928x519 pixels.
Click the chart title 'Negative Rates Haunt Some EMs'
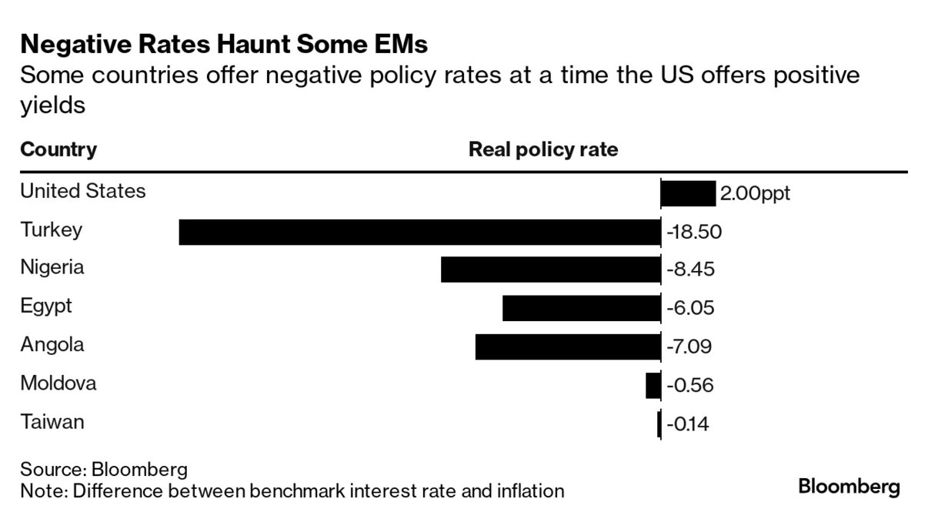point(223,45)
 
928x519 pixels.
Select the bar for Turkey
point(419,232)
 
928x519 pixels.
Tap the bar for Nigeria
point(550,270)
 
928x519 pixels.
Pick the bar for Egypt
point(581,308)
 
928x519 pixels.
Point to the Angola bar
point(568,347)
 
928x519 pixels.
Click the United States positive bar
point(688,193)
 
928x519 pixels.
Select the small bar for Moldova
point(653,385)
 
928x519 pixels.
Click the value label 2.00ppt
point(755,193)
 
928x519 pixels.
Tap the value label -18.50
point(693,232)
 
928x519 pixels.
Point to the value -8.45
point(690,270)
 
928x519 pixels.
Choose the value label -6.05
point(690,308)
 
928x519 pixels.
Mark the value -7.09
point(689,347)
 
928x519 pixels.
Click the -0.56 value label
point(689,385)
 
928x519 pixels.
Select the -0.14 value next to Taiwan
point(687,424)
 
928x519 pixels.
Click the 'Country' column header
point(58,149)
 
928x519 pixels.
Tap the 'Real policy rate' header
point(543,149)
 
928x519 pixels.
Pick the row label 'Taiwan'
point(52,422)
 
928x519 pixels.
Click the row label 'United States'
point(83,191)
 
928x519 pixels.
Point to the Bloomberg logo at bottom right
point(849,487)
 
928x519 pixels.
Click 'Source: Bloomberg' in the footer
point(104,470)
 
